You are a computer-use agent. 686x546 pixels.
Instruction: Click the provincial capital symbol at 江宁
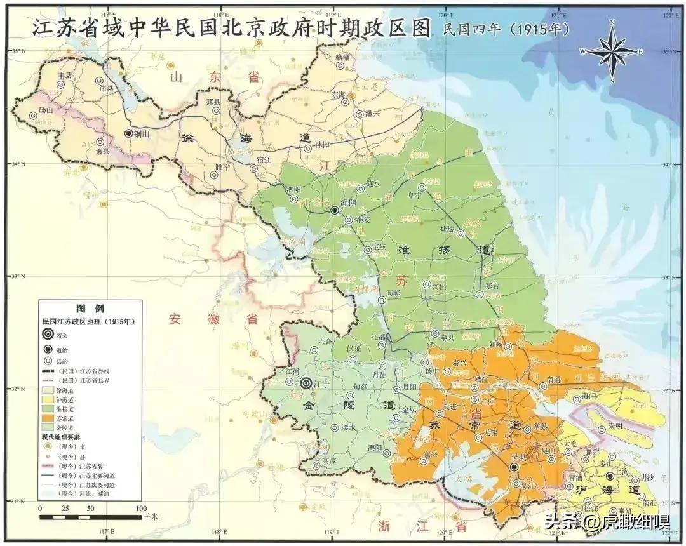306,383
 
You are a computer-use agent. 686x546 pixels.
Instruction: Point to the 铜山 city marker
129,133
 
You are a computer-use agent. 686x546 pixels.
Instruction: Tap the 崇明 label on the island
614,425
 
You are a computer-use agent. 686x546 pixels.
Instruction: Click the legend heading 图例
90,309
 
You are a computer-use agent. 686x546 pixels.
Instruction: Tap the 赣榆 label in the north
342,57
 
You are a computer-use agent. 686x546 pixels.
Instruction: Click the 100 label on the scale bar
141,509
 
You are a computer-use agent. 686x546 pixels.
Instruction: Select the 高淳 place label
329,461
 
